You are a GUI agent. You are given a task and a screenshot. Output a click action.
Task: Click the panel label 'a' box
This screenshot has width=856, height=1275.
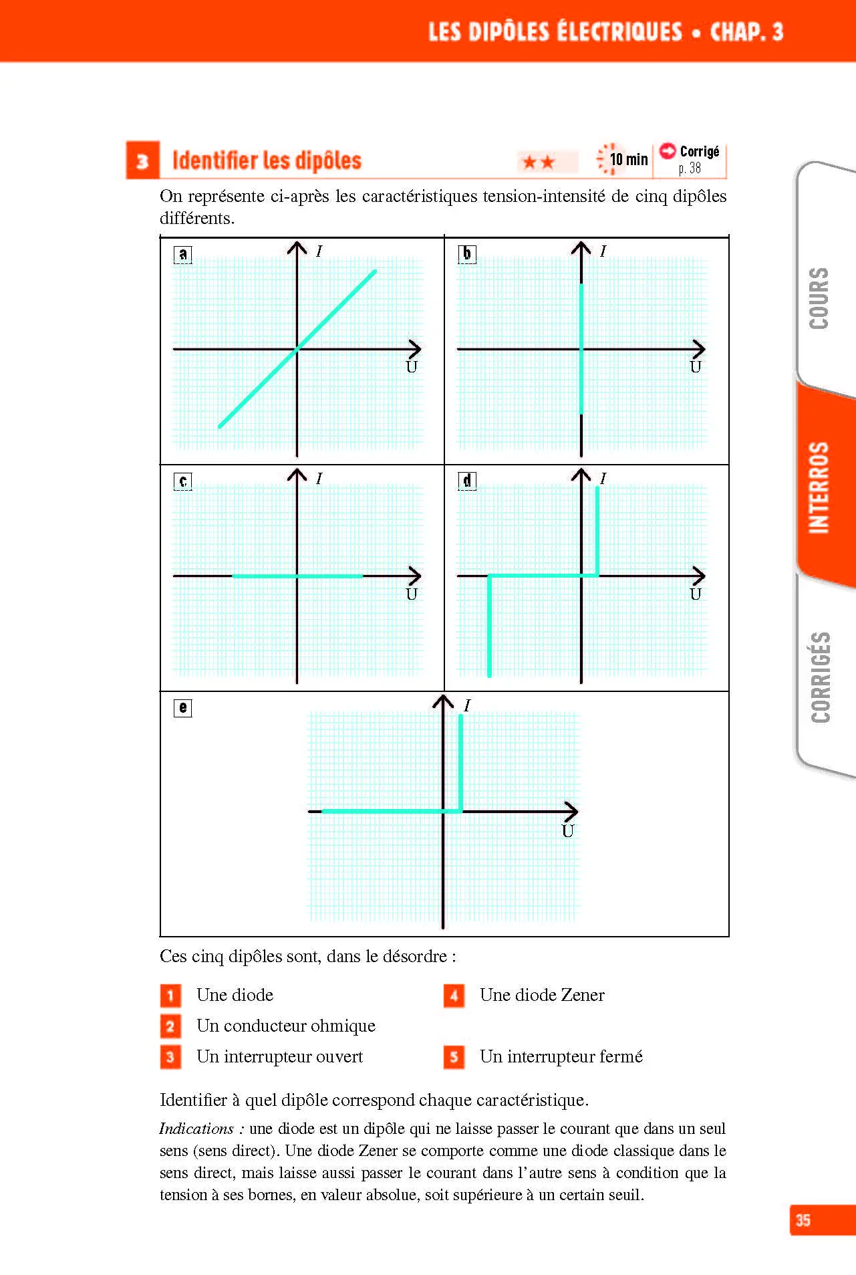(182, 254)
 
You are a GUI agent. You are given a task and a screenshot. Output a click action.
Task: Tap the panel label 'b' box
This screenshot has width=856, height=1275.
(467, 254)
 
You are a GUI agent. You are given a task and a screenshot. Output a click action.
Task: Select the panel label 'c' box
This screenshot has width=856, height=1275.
(182, 481)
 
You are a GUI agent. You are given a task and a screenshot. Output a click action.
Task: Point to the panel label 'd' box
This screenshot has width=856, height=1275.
(467, 481)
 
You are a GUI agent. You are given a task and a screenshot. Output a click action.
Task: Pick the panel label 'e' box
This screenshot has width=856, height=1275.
(182, 708)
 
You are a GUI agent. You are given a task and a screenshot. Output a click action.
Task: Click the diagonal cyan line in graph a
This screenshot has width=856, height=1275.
(297, 348)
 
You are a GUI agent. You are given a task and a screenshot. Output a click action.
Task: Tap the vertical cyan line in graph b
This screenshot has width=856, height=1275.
(581, 348)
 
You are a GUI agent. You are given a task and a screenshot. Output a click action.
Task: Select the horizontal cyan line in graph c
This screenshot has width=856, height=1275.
(297, 576)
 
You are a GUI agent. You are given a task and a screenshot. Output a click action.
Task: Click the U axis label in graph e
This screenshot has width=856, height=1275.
(568, 831)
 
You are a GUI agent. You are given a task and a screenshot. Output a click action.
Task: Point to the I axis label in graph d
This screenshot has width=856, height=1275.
(603, 478)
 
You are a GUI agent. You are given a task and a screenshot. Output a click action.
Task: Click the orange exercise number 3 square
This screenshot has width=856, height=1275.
(142, 160)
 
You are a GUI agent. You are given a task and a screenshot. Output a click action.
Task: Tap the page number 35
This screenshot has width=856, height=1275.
(803, 1220)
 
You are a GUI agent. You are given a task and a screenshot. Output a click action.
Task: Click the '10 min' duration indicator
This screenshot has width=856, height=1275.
(622, 159)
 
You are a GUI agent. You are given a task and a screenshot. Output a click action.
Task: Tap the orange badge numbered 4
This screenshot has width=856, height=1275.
(454, 996)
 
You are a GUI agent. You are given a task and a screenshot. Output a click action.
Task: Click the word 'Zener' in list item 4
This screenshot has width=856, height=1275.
(583, 995)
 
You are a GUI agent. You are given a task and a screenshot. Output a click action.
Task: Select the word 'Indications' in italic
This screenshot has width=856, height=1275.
(196, 1129)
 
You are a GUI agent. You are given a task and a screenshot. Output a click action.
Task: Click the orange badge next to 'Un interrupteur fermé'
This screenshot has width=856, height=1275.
(454, 1057)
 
